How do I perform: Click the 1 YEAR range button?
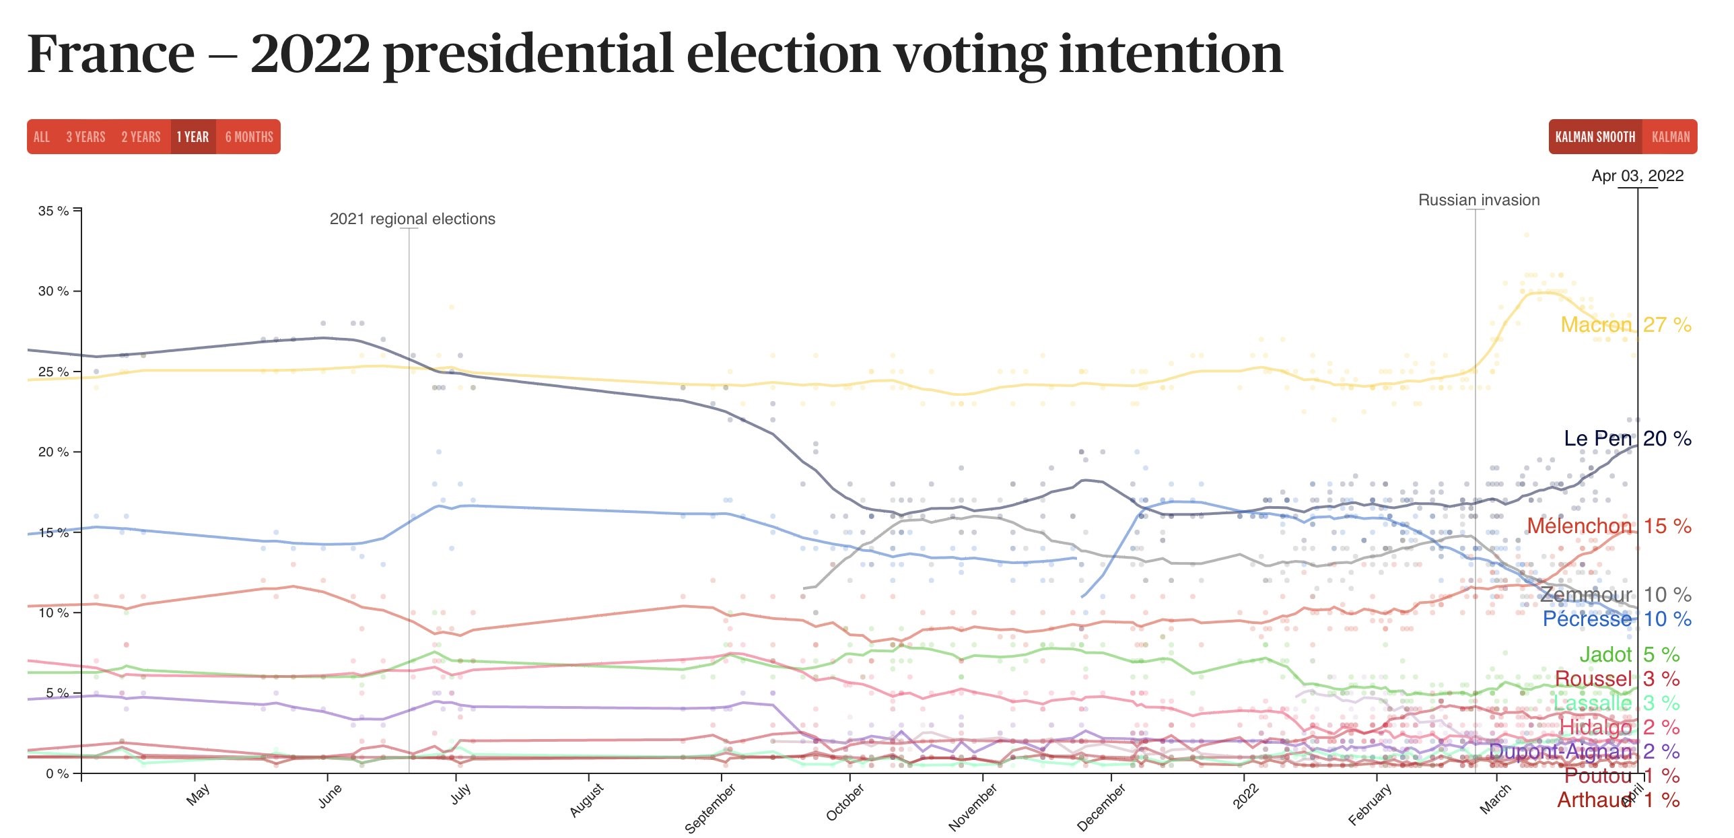click(x=193, y=137)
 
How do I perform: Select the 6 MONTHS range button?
click(x=249, y=137)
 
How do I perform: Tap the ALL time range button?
click(x=42, y=137)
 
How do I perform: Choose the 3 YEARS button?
click(x=85, y=137)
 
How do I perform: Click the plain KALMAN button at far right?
click(x=1671, y=137)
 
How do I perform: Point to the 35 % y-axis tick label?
click(x=54, y=211)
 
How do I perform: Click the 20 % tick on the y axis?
click(x=54, y=452)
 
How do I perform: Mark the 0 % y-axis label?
click(x=57, y=773)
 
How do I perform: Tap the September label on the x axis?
click(x=709, y=808)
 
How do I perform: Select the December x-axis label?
click(x=1101, y=808)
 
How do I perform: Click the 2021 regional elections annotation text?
click(x=412, y=219)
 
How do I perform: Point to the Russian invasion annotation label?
click(x=1479, y=200)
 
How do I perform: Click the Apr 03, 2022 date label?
click(x=1637, y=176)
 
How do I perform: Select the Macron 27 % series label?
click(x=1626, y=324)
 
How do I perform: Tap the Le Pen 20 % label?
click(x=1627, y=438)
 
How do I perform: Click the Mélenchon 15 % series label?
click(x=1609, y=526)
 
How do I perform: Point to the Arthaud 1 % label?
click(x=1618, y=800)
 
